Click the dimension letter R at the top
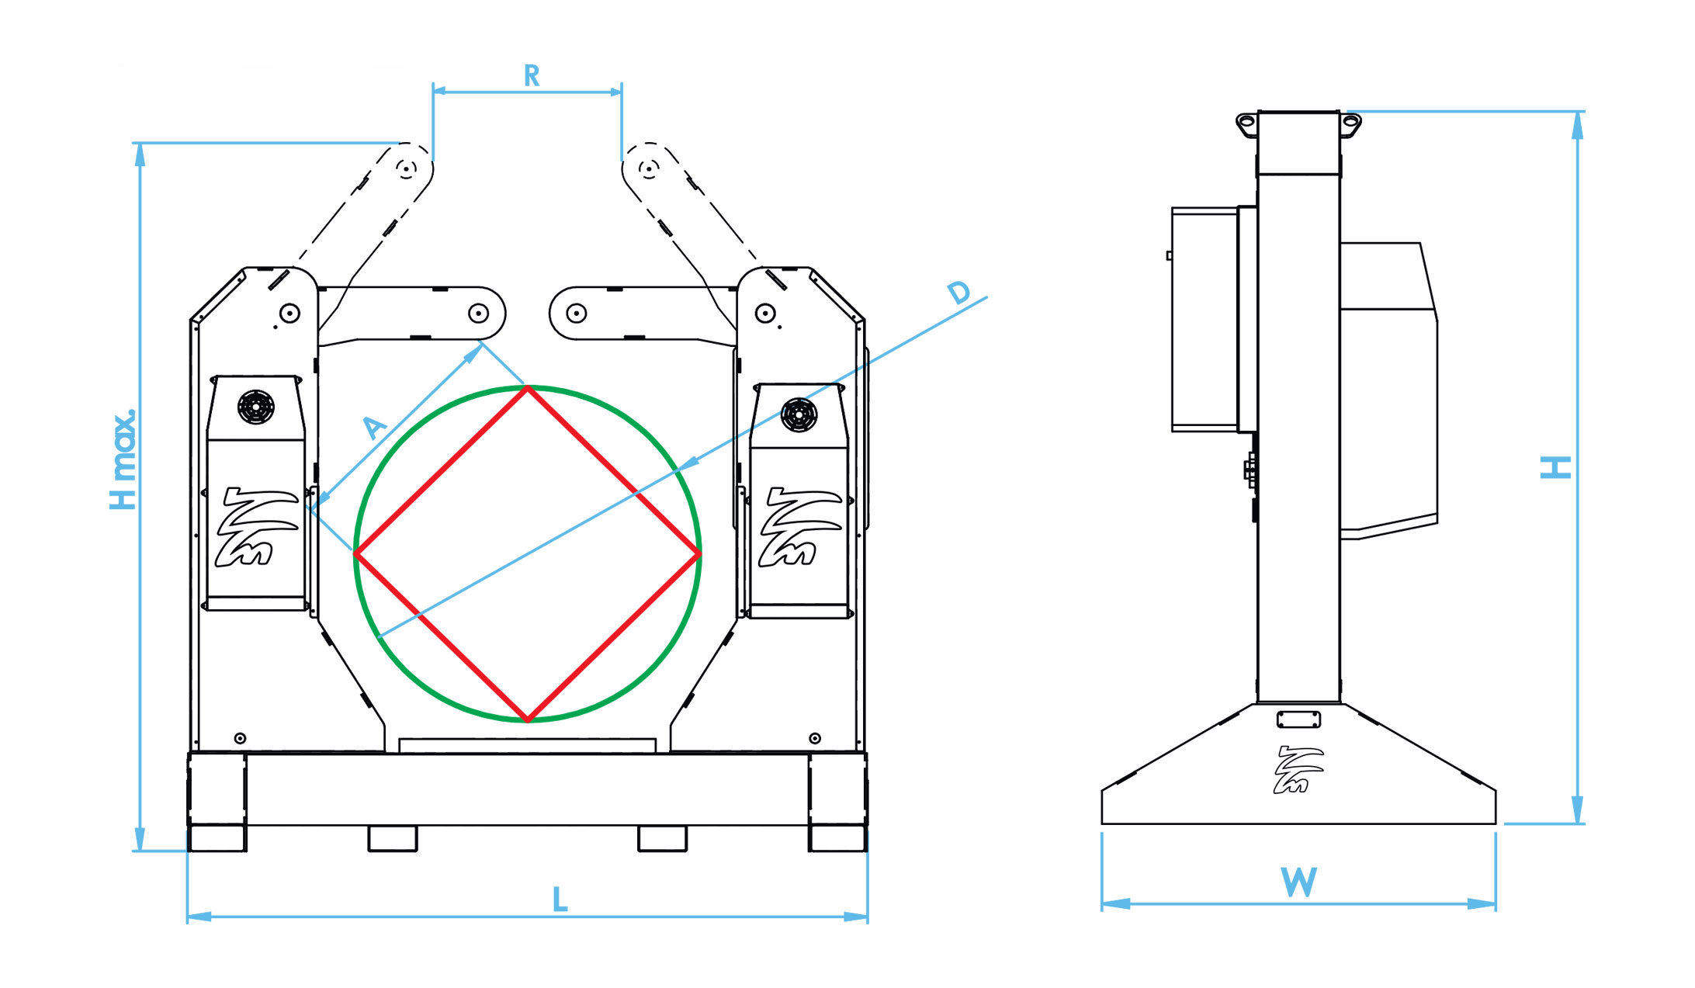(x=532, y=76)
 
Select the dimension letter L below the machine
(x=560, y=900)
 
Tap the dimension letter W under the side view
(x=1298, y=882)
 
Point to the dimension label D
(x=959, y=293)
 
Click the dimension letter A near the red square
(x=375, y=427)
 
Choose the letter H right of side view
(x=1555, y=467)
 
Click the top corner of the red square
(x=528, y=387)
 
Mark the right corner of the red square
(x=699, y=553)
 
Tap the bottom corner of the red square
(x=528, y=720)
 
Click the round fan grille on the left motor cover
(x=255, y=407)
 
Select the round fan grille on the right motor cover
(x=799, y=414)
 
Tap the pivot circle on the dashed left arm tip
(x=406, y=168)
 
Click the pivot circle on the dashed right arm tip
(x=649, y=168)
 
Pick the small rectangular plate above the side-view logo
(x=1298, y=719)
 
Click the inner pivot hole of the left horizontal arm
(x=478, y=313)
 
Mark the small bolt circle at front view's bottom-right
(x=814, y=738)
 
